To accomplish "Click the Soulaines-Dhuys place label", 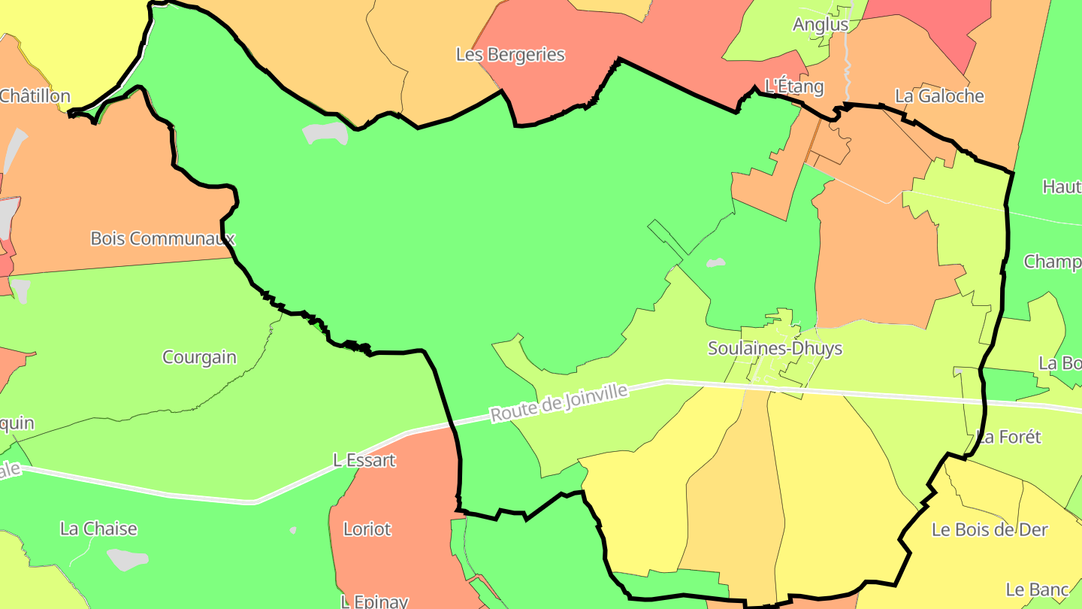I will pos(775,349).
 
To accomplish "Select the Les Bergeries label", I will pos(510,55).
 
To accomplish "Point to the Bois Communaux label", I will pos(162,238).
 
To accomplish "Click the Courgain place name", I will pos(200,357).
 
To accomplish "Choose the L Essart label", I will pos(364,460).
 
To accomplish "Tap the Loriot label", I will pos(367,529).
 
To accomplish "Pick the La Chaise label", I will pos(98,529).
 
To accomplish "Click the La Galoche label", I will pos(939,96).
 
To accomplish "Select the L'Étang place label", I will pos(793,86).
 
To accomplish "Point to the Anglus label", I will pos(821,25).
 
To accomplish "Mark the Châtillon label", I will pos(35,96).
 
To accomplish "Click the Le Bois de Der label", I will pos(990,529).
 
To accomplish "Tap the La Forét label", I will pos(1009,437).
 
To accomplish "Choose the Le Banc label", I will pos(1037,589).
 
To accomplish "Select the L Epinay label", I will pos(374,601).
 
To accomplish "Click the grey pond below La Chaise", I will pos(127,559).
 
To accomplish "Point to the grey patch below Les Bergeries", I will pos(326,133).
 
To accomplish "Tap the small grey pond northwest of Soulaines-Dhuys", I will pos(715,263).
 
